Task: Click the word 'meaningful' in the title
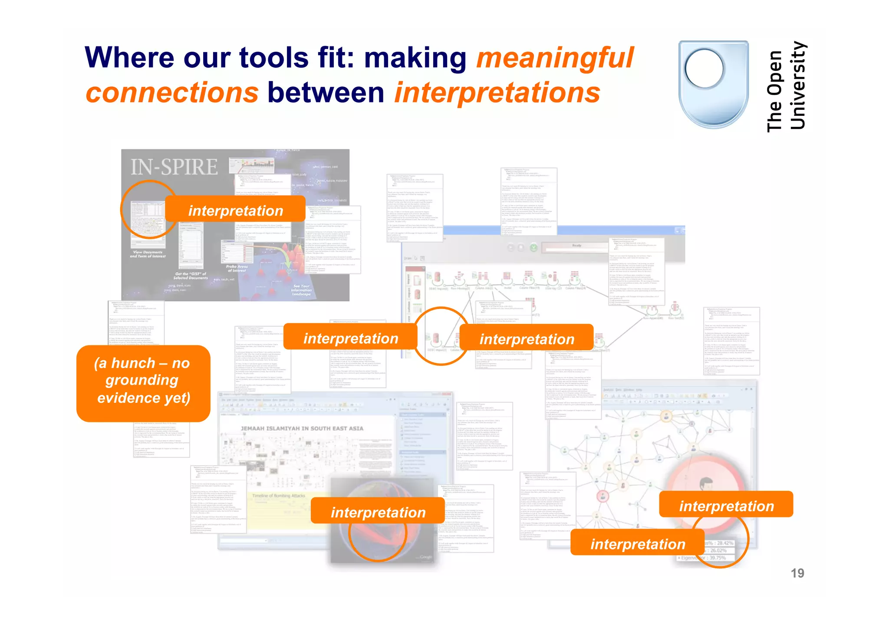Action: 555,58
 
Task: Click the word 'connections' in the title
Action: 172,93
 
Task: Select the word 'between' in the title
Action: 326,93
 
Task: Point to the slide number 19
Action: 797,573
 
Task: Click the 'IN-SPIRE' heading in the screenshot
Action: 174,168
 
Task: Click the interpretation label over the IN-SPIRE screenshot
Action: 235,210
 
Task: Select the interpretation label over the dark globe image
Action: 378,512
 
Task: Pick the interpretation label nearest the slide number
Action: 726,506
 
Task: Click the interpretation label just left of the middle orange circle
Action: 350,338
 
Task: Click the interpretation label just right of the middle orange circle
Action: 526,339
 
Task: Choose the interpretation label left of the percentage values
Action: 637,544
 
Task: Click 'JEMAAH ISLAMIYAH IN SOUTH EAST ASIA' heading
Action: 302,428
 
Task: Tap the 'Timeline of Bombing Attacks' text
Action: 279,496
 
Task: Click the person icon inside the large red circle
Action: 706,483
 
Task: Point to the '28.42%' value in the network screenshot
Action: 724,543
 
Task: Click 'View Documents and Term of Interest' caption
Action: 148,254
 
